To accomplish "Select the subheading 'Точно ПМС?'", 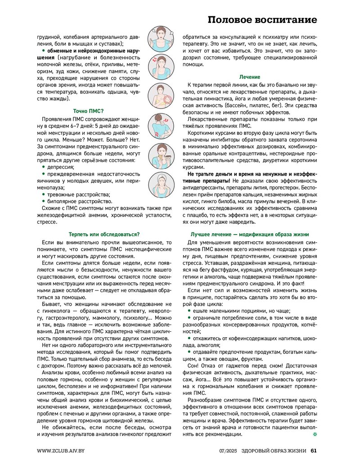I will tap(88, 111).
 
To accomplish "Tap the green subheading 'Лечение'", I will tap(249, 77).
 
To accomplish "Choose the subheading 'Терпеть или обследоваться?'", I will tap(104, 234).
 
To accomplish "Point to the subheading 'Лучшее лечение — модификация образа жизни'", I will tap(249, 234).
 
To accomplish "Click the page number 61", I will tap(314, 451).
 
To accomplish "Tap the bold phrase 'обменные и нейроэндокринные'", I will tap(88, 51).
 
